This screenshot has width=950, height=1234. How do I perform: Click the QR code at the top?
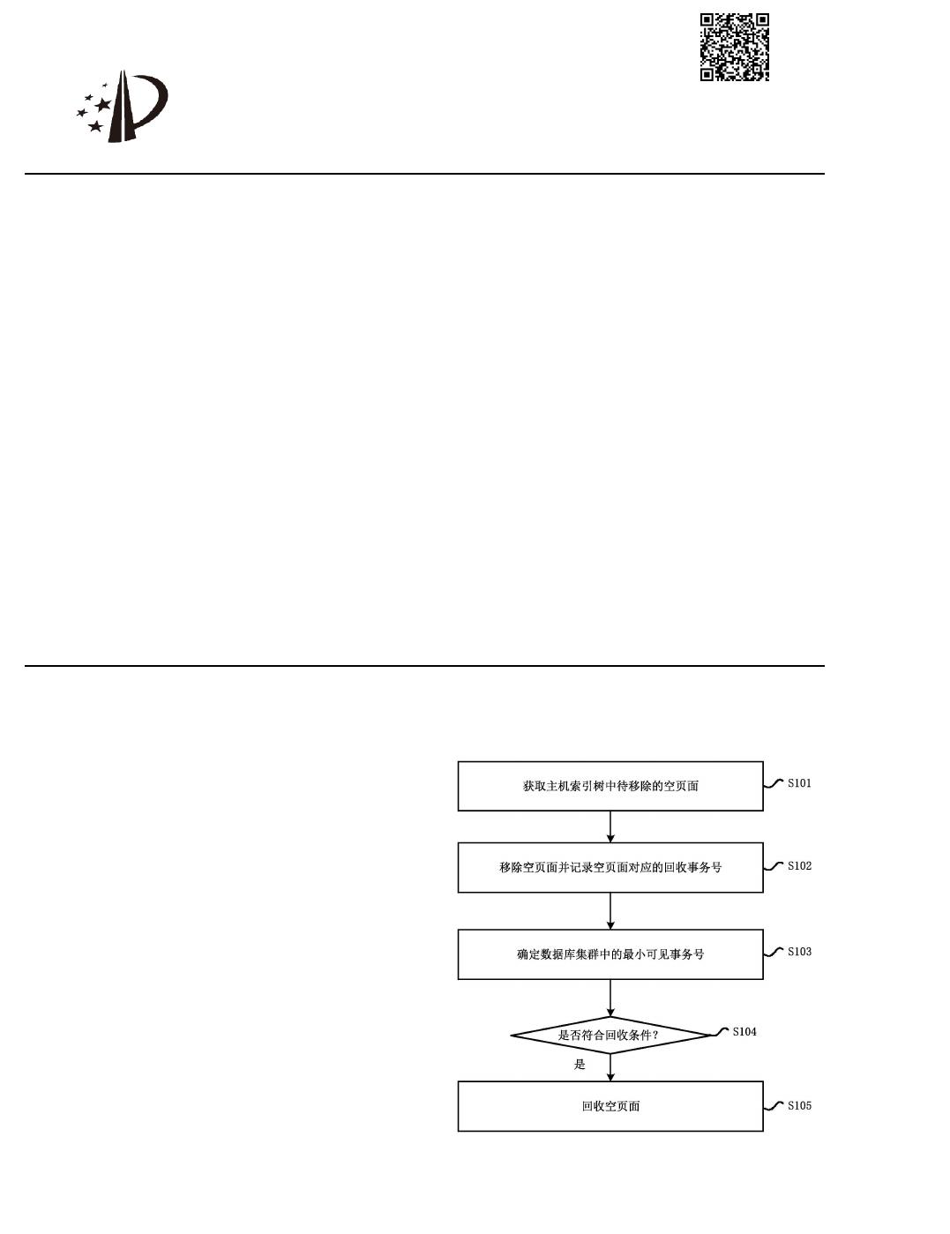click(735, 47)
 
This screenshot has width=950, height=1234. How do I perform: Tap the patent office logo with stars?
click(123, 108)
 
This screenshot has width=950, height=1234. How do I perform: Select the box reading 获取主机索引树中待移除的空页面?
click(610, 786)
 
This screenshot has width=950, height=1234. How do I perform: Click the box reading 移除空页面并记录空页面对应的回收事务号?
click(610, 867)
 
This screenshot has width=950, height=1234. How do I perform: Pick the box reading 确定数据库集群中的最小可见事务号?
click(610, 954)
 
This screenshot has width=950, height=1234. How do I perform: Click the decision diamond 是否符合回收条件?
click(610, 1035)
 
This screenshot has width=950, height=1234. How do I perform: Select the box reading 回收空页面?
click(610, 1106)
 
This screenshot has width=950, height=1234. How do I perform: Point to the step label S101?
click(799, 783)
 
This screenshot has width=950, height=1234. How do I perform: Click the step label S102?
click(799, 866)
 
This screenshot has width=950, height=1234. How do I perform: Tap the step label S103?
click(799, 952)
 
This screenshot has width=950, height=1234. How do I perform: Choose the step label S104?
click(744, 1032)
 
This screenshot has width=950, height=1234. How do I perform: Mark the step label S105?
click(799, 1106)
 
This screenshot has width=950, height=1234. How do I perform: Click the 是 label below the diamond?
click(580, 1065)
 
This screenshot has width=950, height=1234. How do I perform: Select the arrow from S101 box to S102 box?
click(610, 826)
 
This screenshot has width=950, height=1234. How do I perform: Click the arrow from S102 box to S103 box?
click(610, 911)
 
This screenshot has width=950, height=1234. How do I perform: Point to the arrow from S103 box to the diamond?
click(610, 998)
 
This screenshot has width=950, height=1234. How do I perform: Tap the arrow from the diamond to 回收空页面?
click(610, 1067)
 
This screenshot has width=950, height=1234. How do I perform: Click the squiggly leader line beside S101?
click(774, 783)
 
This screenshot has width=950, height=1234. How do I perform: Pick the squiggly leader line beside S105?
click(774, 1106)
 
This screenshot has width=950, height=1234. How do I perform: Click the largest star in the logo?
click(103, 104)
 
